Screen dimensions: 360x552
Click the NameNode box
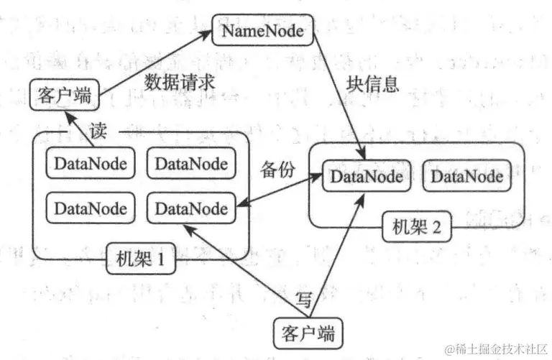[x=263, y=32]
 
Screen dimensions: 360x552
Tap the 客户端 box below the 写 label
[x=308, y=333]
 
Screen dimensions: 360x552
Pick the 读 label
[x=98, y=131]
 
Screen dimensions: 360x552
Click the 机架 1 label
[x=141, y=257]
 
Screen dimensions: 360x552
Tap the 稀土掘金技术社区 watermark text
[x=497, y=349]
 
